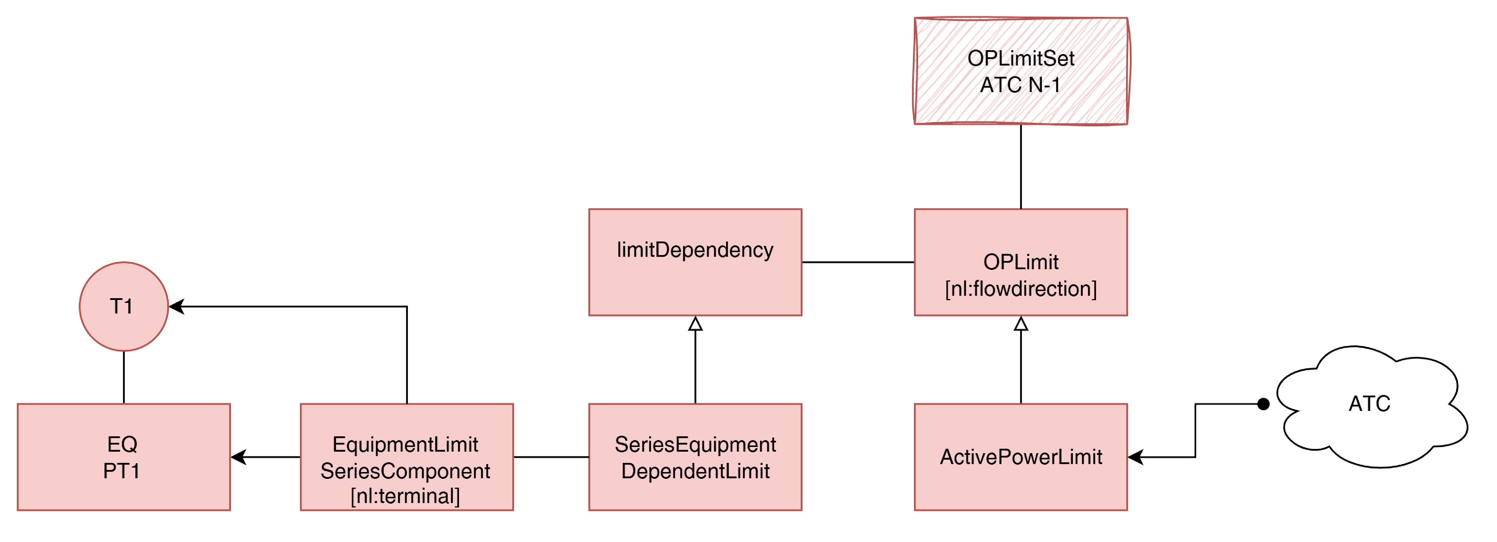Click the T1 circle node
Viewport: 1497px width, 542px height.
tap(124, 306)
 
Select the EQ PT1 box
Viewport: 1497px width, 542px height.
tap(124, 457)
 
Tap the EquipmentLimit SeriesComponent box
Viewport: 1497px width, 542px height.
tap(407, 457)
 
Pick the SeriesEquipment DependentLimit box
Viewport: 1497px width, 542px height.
tap(695, 457)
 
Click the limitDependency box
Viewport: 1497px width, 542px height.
tap(695, 262)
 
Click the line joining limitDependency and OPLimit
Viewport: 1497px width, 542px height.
tap(858, 262)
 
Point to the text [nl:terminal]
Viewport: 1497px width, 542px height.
tap(405, 496)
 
